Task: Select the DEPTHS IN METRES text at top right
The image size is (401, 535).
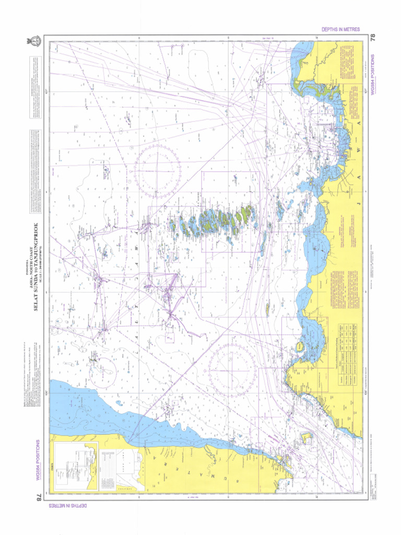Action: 340,29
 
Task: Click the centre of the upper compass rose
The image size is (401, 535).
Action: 157,171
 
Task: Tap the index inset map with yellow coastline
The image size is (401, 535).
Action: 76,465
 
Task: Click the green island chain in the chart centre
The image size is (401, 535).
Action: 214,222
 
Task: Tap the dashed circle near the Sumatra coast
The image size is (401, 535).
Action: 102,370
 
